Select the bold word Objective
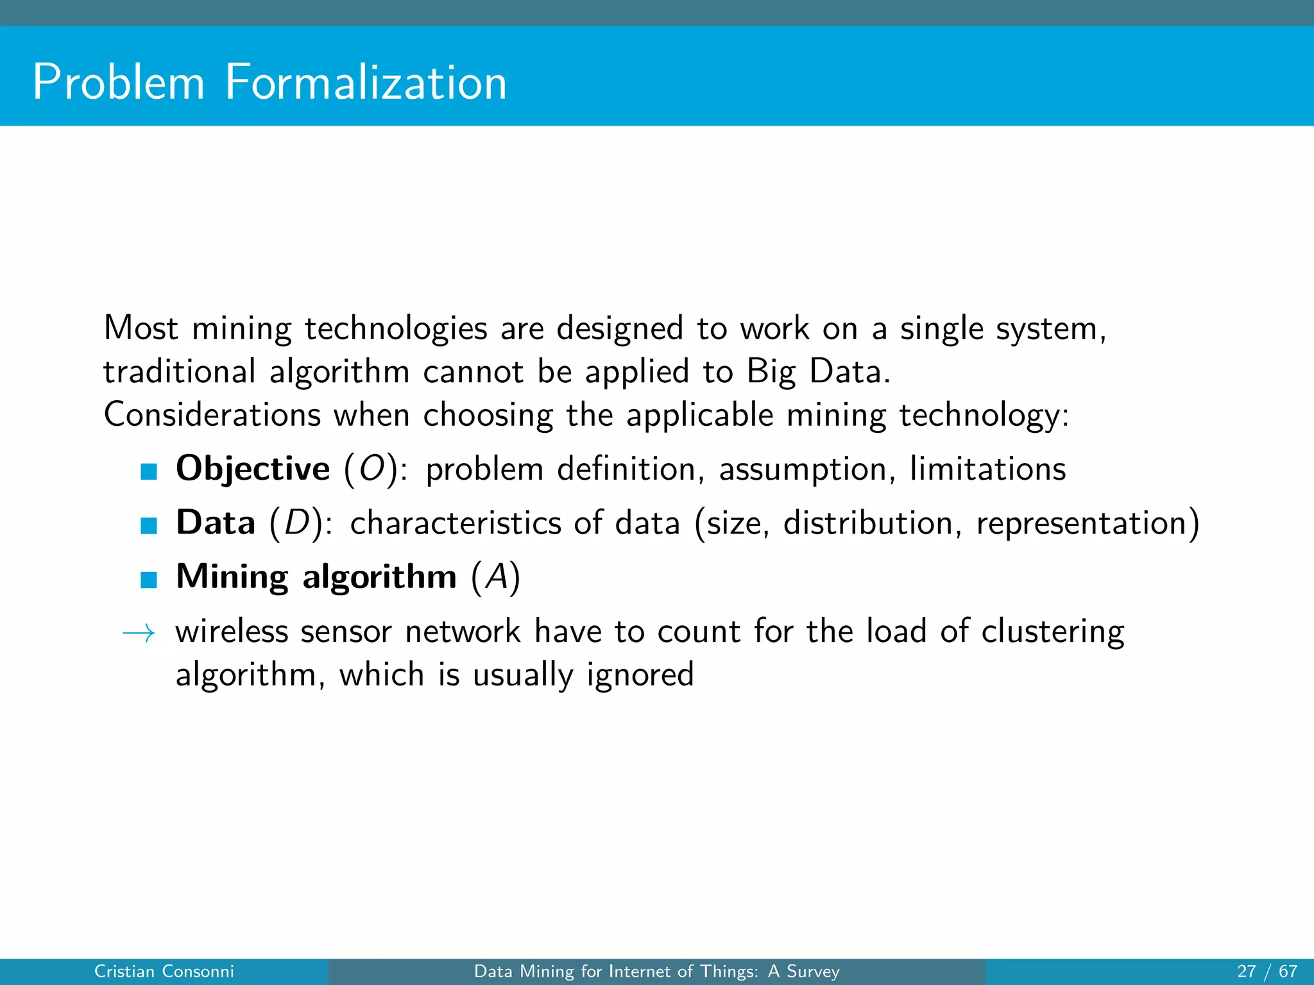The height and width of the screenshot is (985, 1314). (x=253, y=469)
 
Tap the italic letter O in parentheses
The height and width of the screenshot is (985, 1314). (x=371, y=469)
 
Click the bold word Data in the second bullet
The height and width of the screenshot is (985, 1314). (x=216, y=523)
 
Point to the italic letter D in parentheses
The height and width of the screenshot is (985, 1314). (x=296, y=523)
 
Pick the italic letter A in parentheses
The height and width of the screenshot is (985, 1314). (x=496, y=577)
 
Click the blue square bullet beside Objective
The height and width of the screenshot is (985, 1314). (x=149, y=472)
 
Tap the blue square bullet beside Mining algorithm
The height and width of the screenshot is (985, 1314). (x=149, y=580)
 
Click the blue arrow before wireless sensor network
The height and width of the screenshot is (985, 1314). (x=139, y=634)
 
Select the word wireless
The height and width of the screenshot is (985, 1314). (x=232, y=631)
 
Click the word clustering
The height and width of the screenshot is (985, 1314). (x=1052, y=632)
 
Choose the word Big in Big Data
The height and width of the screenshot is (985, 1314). (x=771, y=372)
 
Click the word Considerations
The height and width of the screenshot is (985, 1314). (x=212, y=414)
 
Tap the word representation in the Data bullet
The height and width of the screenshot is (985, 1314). (x=1081, y=523)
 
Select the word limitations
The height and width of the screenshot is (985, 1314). (x=988, y=469)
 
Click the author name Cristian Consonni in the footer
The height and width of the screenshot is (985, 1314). (x=164, y=972)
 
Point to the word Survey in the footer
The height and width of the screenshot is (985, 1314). (x=813, y=972)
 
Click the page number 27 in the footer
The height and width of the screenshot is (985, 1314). (x=1246, y=972)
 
